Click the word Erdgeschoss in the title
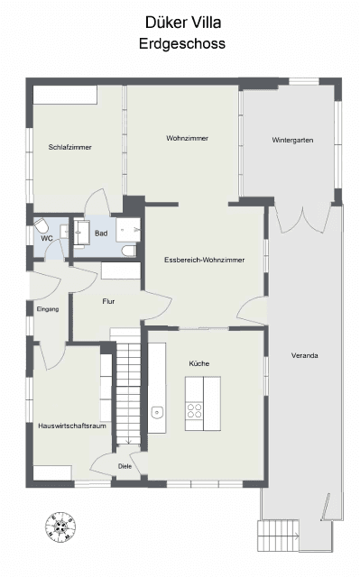182,42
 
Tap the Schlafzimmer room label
70,147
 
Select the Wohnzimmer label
187,138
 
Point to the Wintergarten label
292,140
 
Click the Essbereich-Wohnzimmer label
205,260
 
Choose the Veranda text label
305,355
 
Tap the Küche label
198,362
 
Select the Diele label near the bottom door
125,466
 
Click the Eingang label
48,309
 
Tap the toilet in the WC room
41,225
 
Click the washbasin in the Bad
82,227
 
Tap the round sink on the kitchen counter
157,413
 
